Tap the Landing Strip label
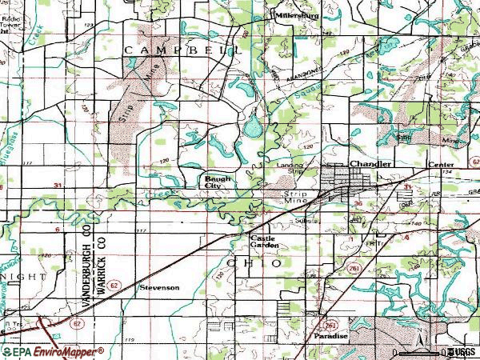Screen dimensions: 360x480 291,168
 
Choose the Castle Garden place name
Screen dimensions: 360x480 265,242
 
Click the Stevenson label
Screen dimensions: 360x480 159,286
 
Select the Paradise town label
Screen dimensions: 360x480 331,337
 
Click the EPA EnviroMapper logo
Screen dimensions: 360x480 53,351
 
